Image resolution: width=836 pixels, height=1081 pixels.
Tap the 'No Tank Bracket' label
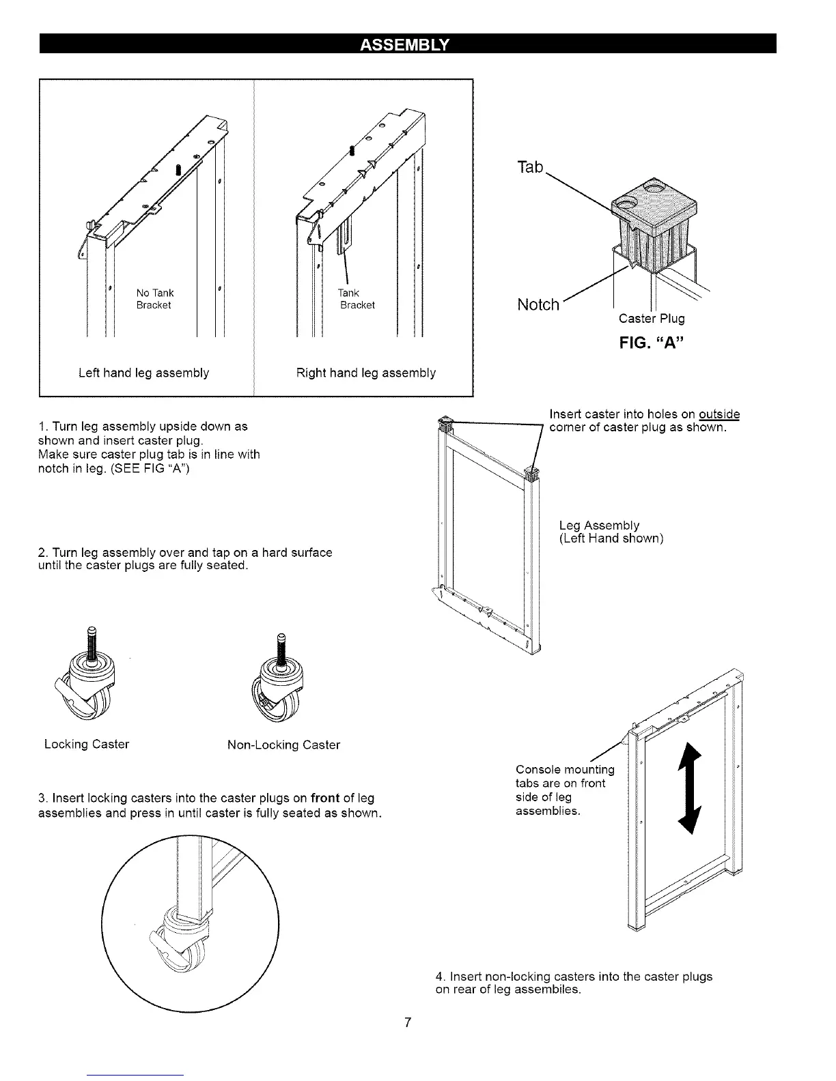[155, 299]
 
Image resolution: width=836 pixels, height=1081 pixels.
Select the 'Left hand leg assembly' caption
[143, 373]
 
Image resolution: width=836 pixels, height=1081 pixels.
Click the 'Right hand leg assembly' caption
[366, 373]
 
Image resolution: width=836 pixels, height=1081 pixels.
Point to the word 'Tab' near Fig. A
[530, 167]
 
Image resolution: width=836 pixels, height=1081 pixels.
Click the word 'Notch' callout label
[539, 304]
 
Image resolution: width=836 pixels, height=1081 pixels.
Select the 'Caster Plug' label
[652, 318]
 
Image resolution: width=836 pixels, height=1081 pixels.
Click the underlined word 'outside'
[719, 415]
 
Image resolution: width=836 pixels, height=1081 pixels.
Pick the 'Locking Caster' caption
[87, 744]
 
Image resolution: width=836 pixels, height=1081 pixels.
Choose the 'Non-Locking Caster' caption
[283, 745]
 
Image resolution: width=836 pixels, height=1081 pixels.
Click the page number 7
[407, 1022]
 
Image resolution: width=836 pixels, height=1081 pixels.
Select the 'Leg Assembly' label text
[599, 525]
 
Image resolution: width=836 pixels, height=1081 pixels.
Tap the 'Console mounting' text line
[565, 770]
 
